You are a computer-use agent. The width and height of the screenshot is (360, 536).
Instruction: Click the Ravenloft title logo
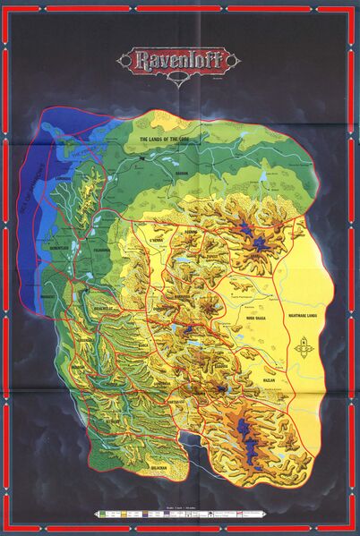(178, 62)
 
